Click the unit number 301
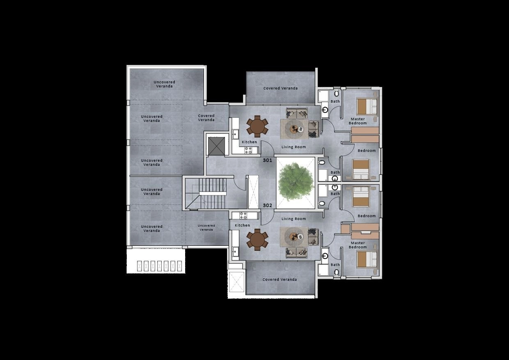[x=268, y=160]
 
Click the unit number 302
[x=268, y=206]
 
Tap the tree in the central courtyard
[x=296, y=182]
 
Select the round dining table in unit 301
[x=257, y=126]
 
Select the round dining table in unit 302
[x=257, y=240]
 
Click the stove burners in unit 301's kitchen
[x=248, y=150]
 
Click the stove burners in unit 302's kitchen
[x=243, y=216]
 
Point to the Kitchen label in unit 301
[x=249, y=142]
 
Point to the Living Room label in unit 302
[x=293, y=219]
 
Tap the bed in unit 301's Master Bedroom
[x=367, y=106]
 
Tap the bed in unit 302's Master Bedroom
[x=367, y=259]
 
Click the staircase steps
[x=213, y=193]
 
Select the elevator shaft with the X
[x=216, y=147]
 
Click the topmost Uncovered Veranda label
[x=164, y=84]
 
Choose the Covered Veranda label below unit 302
[x=280, y=279]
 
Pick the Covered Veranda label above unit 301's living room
[x=280, y=88]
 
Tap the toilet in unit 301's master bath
[x=337, y=93]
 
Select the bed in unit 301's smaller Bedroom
[x=361, y=170]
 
